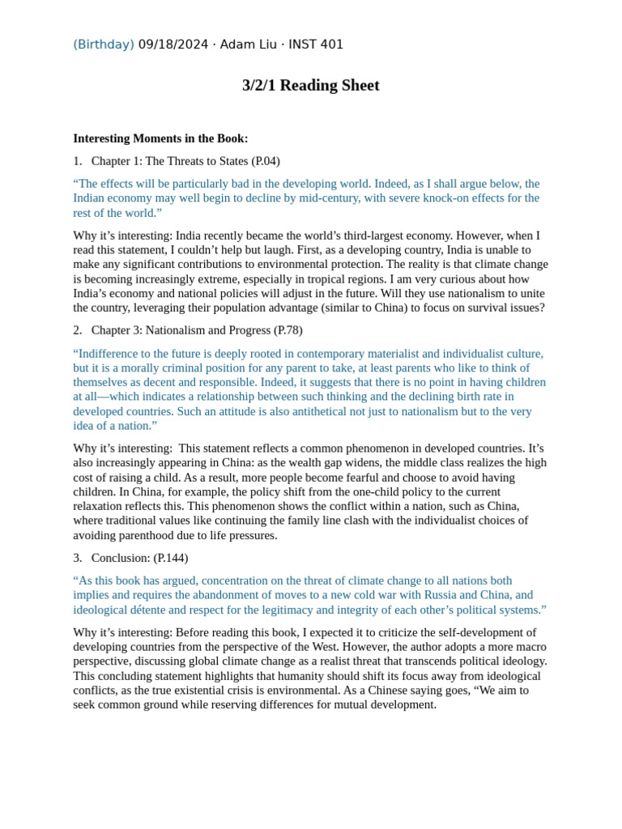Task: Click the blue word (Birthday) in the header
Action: pos(104,45)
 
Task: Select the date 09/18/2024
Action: pos(173,45)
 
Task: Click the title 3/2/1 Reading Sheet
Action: pos(310,86)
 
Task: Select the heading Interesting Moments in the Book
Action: pos(160,138)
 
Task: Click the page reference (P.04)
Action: pos(266,161)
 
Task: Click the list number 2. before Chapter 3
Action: pos(78,330)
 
